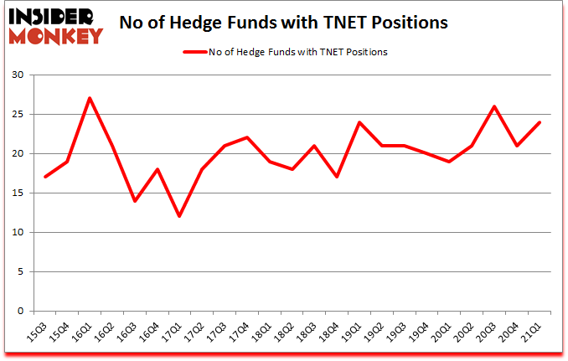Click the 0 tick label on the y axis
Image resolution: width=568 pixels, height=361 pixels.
22,312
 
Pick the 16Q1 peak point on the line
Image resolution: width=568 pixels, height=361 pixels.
90,99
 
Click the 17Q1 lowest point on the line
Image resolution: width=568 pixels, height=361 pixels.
179,216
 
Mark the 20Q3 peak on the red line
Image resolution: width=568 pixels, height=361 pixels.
494,106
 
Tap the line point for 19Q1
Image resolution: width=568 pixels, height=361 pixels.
359,122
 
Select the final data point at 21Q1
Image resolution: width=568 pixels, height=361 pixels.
540,122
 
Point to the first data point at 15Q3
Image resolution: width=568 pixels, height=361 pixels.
44,177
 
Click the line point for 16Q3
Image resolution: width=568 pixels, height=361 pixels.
134,201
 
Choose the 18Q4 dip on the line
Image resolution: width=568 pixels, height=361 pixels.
337,177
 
